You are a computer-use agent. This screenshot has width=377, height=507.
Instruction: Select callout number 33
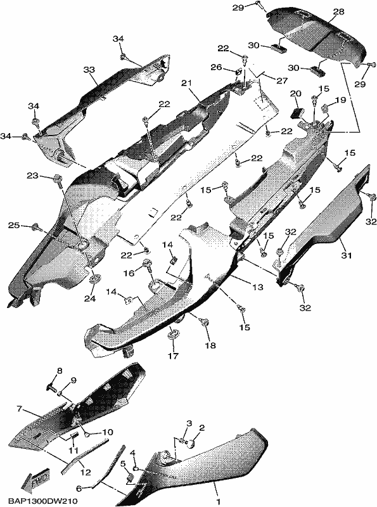(89, 70)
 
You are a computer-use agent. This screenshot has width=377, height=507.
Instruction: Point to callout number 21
(186, 84)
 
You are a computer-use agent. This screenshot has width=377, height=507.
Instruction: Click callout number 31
(346, 255)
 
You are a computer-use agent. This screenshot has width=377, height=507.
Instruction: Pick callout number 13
(258, 287)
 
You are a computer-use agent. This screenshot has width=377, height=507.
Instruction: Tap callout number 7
(19, 409)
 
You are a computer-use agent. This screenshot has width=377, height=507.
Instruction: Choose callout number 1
(219, 502)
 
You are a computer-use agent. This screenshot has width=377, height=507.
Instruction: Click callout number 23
(32, 176)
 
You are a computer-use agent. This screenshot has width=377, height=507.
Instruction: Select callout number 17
(173, 356)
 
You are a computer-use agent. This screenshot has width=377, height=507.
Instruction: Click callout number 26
(216, 67)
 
